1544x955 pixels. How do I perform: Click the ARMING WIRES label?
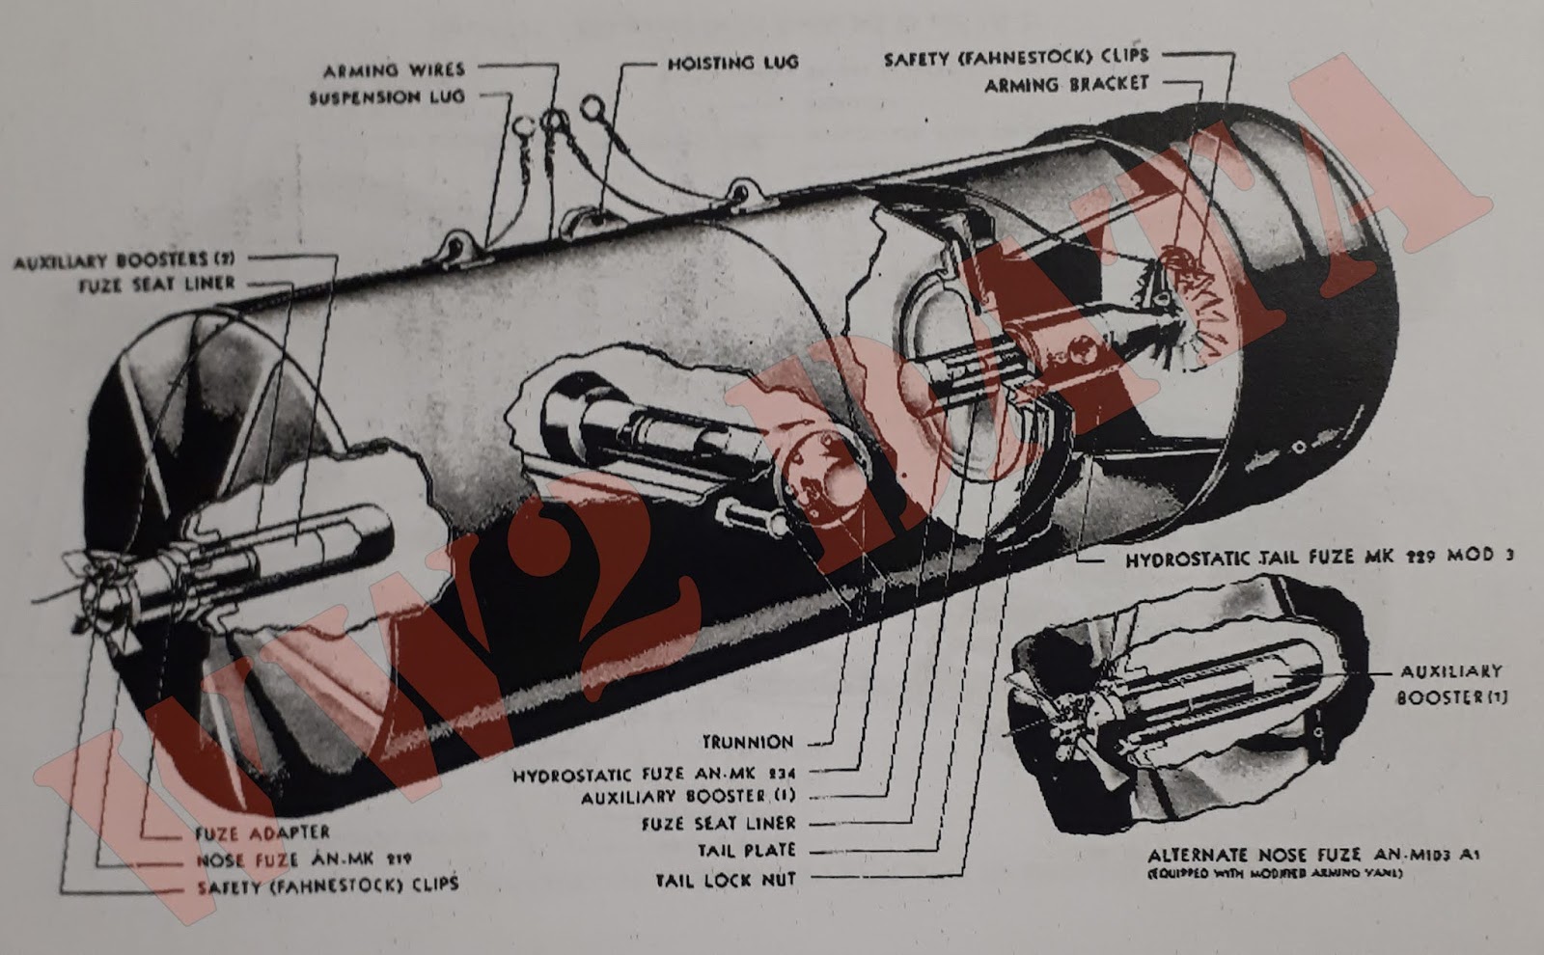pyautogui.click(x=393, y=70)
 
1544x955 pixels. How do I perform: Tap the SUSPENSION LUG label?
pyautogui.click(x=386, y=97)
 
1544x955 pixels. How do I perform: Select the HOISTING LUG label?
pyautogui.click(x=732, y=64)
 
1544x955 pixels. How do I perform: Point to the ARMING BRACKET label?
pyautogui.click(x=1066, y=85)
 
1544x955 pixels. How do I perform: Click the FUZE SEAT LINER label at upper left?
pyautogui.click(x=156, y=285)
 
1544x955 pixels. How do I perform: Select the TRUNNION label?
pyautogui.click(x=747, y=742)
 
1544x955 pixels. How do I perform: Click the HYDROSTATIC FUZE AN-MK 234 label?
pyautogui.click(x=653, y=774)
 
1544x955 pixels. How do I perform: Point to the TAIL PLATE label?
pyautogui.click(x=747, y=851)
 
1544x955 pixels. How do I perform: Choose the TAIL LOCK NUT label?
pyautogui.click(x=726, y=880)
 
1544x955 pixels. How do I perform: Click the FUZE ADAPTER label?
pyautogui.click(x=262, y=832)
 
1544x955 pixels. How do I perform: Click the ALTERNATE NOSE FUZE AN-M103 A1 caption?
pyautogui.click(x=1313, y=856)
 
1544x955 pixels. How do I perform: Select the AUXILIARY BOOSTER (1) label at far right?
pyautogui.click(x=1450, y=683)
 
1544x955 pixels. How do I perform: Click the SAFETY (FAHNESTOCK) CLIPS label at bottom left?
pyautogui.click(x=328, y=886)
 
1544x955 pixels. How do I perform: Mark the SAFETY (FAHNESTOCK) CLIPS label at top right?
pyautogui.click(x=1016, y=59)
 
